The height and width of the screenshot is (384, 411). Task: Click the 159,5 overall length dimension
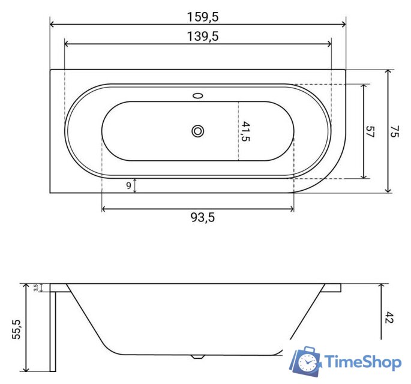(x=203, y=17)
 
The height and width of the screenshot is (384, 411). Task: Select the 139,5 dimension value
(x=203, y=36)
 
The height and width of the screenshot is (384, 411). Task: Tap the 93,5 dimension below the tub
(x=203, y=217)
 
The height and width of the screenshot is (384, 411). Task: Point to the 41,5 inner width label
(x=245, y=131)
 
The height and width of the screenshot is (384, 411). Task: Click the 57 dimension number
(x=370, y=131)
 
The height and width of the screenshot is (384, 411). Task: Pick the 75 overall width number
(x=394, y=131)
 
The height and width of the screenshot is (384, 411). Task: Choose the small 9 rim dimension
(x=128, y=185)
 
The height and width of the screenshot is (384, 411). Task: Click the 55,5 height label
(x=16, y=329)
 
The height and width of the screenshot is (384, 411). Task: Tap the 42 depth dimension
(x=389, y=317)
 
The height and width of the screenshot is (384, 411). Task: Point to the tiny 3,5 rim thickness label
(x=35, y=287)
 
